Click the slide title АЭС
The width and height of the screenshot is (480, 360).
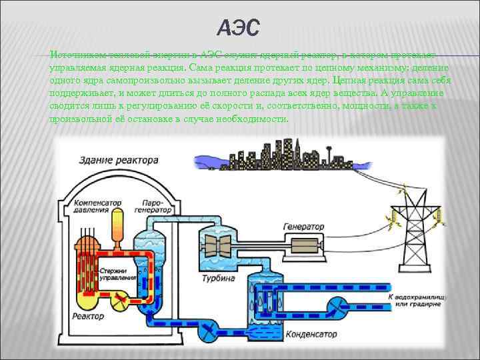(239, 29)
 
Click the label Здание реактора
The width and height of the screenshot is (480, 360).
(119, 160)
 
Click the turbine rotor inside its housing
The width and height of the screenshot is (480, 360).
(217, 244)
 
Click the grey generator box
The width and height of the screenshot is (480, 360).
(300, 245)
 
